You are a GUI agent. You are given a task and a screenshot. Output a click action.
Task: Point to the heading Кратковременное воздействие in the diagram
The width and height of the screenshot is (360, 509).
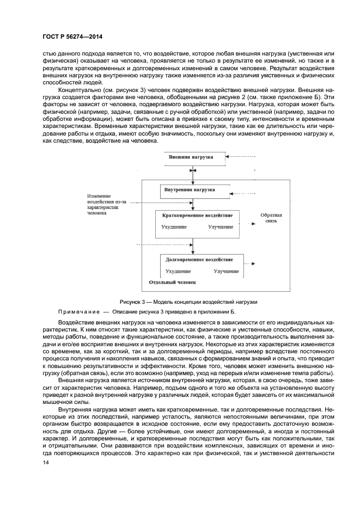pyautogui.click(x=197, y=217)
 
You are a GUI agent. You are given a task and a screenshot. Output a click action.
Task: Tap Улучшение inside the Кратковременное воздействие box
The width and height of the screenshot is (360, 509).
pyautogui.click(x=221, y=226)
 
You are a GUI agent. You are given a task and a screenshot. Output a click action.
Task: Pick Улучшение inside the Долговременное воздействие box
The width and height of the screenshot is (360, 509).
pyautogui.click(x=227, y=271)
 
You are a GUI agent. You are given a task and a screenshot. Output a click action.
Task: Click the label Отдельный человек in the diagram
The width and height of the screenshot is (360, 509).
pyautogui.click(x=172, y=283)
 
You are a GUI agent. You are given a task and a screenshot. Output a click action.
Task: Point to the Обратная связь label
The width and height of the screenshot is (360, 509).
pyautogui.click(x=271, y=218)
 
